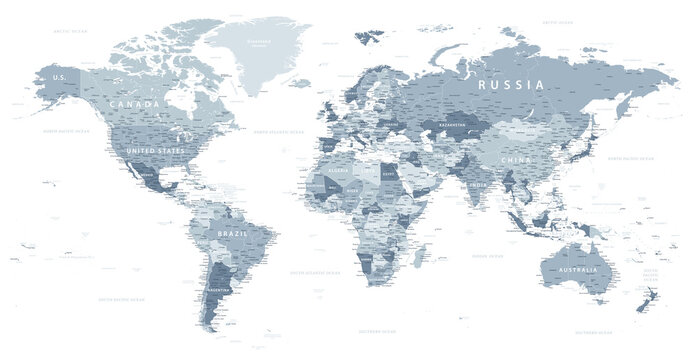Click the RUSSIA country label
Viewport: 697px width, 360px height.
(x=511, y=85)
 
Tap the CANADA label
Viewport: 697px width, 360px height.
(x=136, y=104)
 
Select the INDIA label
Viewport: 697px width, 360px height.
(x=479, y=184)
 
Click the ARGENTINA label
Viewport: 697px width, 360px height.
(x=220, y=290)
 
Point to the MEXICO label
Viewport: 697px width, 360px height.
(x=148, y=173)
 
